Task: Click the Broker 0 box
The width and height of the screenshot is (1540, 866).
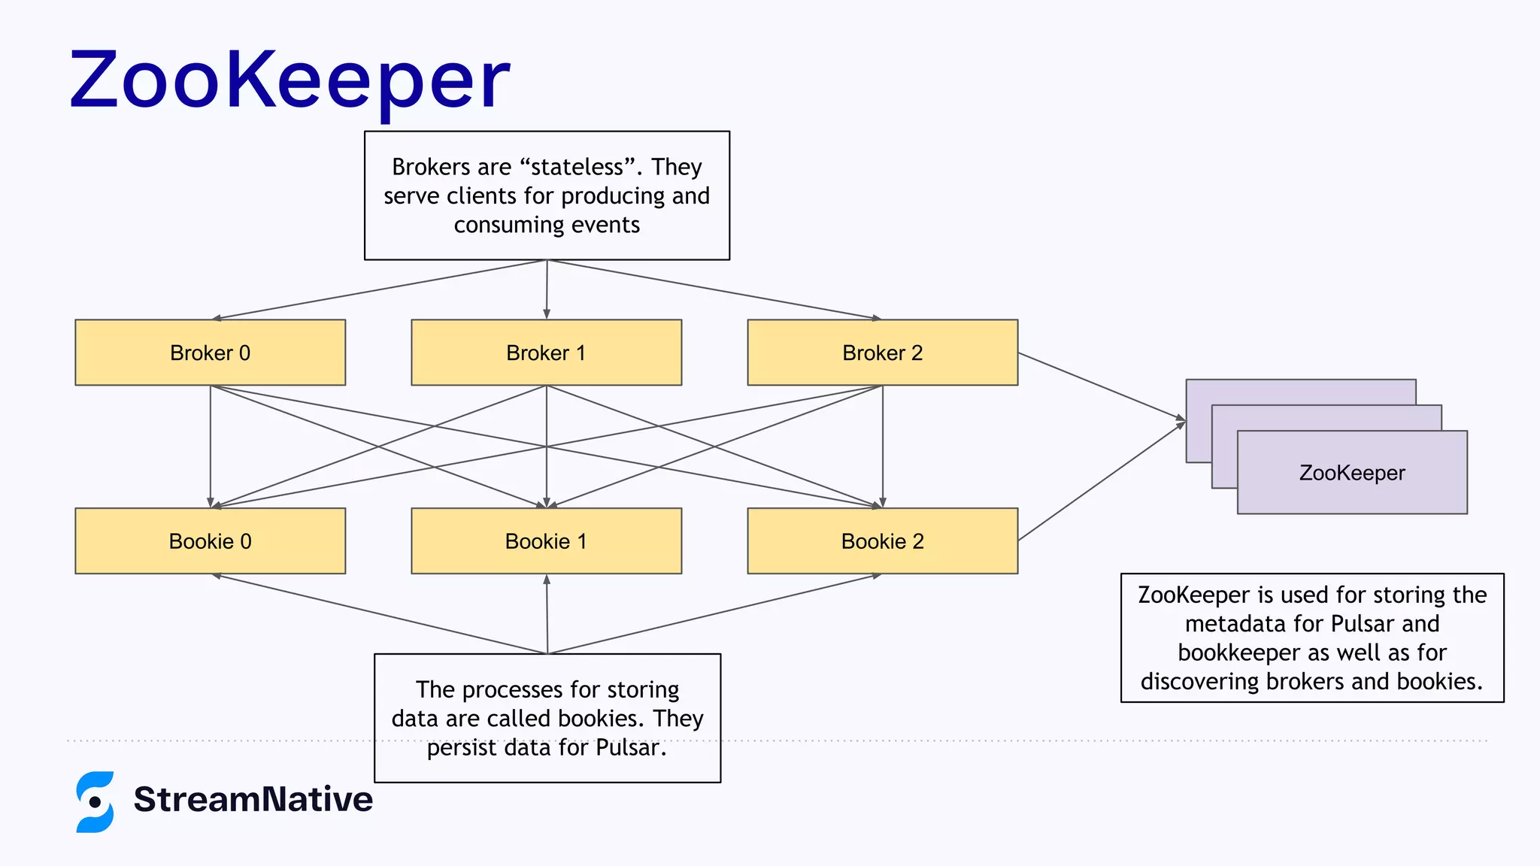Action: [210, 353]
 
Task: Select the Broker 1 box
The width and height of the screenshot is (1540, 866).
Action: [546, 353]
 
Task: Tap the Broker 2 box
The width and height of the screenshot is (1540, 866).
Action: [882, 353]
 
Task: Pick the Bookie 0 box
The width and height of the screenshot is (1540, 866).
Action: [210, 541]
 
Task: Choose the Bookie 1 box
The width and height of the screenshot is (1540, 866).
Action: [546, 541]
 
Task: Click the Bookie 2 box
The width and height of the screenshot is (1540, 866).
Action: [882, 541]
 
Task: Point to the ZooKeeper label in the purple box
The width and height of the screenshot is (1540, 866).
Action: [1352, 473]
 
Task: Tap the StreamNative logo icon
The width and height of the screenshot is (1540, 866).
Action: [95, 801]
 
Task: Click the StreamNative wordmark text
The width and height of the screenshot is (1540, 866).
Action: [253, 799]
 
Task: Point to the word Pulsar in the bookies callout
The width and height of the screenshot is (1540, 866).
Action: [630, 748]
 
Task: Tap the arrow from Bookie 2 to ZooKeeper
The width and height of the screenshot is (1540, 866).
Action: [1101, 481]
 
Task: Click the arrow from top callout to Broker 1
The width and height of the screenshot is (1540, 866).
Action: [547, 289]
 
